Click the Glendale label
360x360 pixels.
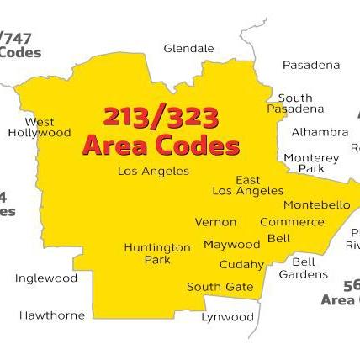pyautogui.click(x=188, y=49)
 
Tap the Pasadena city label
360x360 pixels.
pyautogui.click(x=311, y=65)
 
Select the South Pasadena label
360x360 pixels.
pyautogui.click(x=295, y=103)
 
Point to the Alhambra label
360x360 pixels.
pyautogui.click(x=320, y=132)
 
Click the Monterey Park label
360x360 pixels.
pyautogui.click(x=311, y=163)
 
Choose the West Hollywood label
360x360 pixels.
pyautogui.click(x=40, y=127)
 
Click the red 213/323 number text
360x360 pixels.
pyautogui.click(x=161, y=116)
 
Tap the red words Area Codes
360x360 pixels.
pyautogui.click(x=161, y=146)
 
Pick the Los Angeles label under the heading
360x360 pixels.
pyautogui.click(x=153, y=171)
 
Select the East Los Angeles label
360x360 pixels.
pyautogui.click(x=248, y=185)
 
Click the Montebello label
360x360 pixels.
pyautogui.click(x=316, y=204)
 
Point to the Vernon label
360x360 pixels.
pyautogui.click(x=215, y=222)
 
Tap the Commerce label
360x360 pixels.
pyautogui.click(x=291, y=222)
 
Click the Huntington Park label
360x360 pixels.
pyautogui.click(x=157, y=253)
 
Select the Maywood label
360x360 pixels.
pyautogui.click(x=231, y=245)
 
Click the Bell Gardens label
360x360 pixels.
pyautogui.click(x=303, y=267)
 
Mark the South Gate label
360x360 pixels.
pyautogui.click(x=220, y=287)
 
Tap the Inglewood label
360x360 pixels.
pyautogui.click(x=45, y=278)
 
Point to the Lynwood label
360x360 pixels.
pyautogui.click(x=227, y=317)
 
